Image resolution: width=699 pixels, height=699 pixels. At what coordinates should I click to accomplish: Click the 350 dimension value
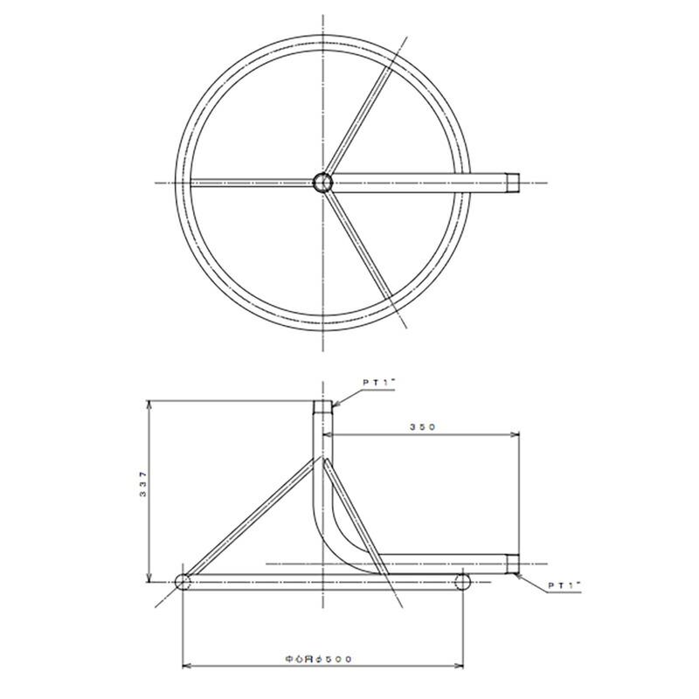(x=422, y=427)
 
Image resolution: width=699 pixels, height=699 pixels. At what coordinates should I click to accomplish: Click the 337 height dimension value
(x=142, y=484)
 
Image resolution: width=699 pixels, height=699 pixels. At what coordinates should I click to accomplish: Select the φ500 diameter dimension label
(x=318, y=659)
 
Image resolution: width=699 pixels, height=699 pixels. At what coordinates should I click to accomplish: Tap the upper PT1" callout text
(x=379, y=383)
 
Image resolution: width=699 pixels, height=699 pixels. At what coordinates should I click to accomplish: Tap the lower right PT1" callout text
(x=564, y=586)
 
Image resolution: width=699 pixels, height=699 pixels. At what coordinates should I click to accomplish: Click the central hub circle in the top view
(x=322, y=183)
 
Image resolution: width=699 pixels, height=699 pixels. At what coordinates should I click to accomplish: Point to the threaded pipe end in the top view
(x=513, y=183)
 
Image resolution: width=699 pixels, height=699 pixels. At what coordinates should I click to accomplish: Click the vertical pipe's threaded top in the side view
(x=322, y=407)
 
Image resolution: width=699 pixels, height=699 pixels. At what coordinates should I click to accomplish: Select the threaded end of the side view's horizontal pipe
(x=513, y=564)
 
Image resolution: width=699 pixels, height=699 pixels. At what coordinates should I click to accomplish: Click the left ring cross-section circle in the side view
(x=183, y=582)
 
